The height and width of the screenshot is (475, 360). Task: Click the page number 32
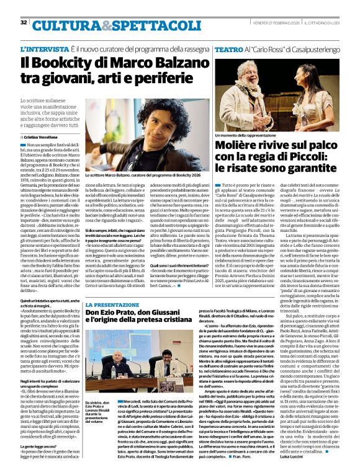pos(24,22)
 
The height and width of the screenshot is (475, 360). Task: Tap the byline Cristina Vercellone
pos(44,136)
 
